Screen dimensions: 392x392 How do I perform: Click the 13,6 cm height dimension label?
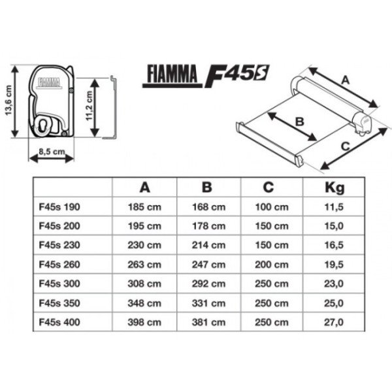pyautogui.click(x=9, y=101)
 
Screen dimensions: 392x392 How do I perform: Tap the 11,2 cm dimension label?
pyautogui.click(x=90, y=106)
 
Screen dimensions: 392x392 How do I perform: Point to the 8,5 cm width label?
pyautogui.click(x=52, y=152)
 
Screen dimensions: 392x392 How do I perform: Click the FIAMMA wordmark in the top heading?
pyautogui.click(x=172, y=74)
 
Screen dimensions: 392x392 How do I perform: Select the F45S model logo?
pyautogui.click(x=237, y=75)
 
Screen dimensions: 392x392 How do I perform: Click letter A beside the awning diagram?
pyautogui.click(x=345, y=80)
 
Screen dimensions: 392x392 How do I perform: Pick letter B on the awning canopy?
pyautogui.click(x=299, y=122)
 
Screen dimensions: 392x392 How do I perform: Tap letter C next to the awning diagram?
pyautogui.click(x=345, y=146)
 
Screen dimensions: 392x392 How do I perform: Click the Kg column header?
pyautogui.click(x=335, y=188)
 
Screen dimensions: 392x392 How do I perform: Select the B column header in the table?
pyautogui.click(x=206, y=187)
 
